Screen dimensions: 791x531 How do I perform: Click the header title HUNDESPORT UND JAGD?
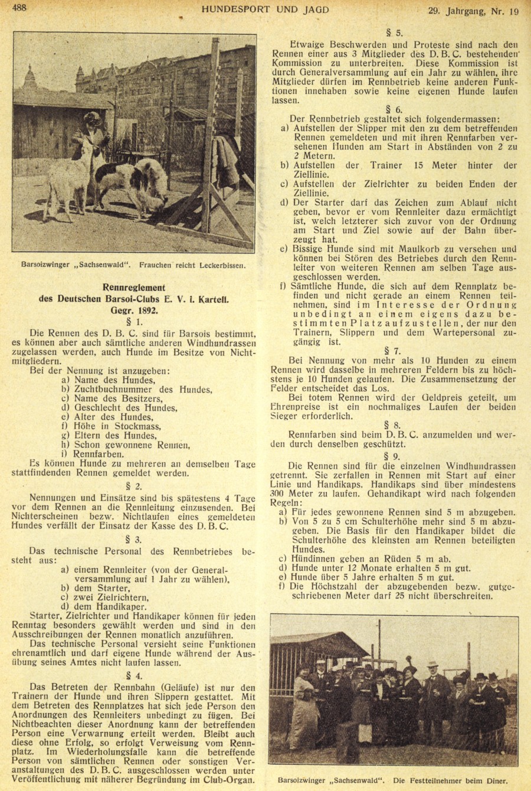coord(265,9)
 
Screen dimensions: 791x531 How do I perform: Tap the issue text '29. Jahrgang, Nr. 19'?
coord(473,11)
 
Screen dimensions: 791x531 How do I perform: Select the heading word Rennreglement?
coord(134,287)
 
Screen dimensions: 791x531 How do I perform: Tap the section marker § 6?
coord(394,109)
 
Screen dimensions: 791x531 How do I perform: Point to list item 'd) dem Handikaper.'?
coord(103,607)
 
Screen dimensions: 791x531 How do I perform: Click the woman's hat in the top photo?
coord(91,117)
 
